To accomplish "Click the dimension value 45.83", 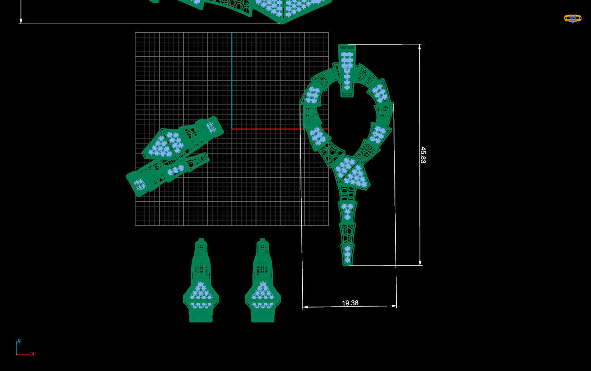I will tap(423, 155).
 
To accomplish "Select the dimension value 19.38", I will tap(350, 303).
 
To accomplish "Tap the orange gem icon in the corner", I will tap(572, 19).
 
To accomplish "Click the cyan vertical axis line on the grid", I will tap(231, 82).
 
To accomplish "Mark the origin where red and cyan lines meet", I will tap(231, 129).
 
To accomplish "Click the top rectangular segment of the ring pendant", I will tap(347, 70).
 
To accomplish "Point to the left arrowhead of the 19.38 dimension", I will tap(305, 307).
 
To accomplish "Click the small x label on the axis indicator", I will tap(33, 354).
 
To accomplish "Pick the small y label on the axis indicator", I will tap(19, 341).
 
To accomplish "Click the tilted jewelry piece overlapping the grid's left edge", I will tap(175, 154).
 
